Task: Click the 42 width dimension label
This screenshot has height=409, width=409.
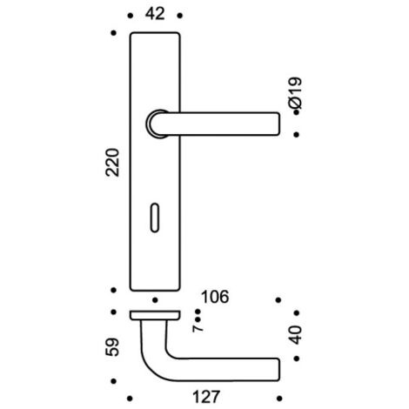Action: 155,14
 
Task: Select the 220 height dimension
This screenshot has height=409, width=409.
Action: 112,162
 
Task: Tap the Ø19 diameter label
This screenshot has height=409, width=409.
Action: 296,93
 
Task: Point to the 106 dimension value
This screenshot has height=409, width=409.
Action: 215,297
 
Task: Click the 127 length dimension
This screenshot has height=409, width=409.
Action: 206,397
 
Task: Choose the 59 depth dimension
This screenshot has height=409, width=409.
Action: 112,346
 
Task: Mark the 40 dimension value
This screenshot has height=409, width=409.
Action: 296,335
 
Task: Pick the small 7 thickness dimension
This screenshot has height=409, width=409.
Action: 198,328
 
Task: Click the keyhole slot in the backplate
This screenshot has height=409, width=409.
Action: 155,218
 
